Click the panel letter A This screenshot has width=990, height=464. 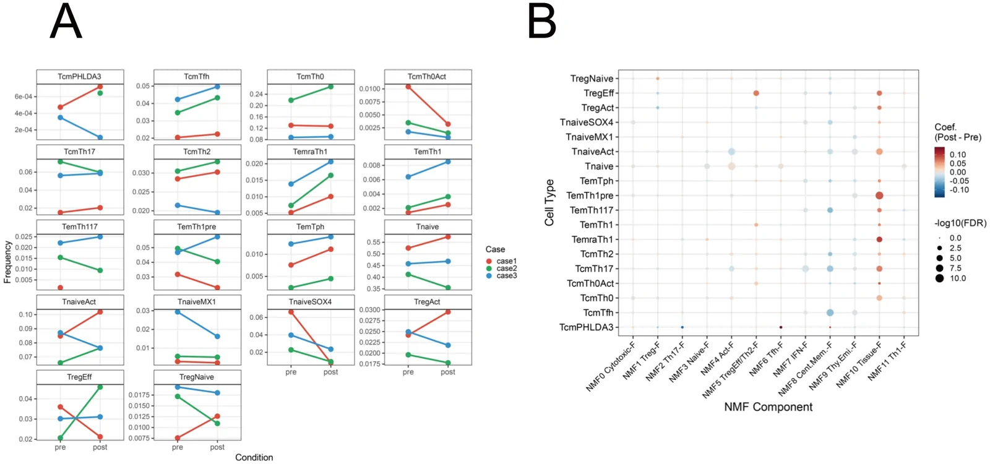pyautogui.click(x=66, y=21)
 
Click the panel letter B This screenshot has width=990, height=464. pyautogui.click(x=541, y=21)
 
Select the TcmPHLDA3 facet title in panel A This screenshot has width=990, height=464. pyautogui.click(x=80, y=77)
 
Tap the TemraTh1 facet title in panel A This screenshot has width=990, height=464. pyautogui.click(x=310, y=152)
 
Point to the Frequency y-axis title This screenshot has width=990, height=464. pyautogui.click(x=7, y=262)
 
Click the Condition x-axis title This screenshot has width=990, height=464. pyautogui.click(x=254, y=457)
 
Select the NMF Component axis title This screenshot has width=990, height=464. pyautogui.click(x=768, y=407)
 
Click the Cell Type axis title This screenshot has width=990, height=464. pyautogui.click(x=549, y=203)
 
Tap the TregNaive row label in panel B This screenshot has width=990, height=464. pyautogui.click(x=592, y=79)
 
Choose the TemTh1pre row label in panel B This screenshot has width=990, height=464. pyautogui.click(x=590, y=195)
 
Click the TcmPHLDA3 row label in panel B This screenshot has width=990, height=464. pyautogui.click(x=587, y=327)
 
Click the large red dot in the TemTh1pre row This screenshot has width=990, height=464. pyautogui.click(x=879, y=195)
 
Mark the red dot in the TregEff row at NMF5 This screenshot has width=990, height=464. pyautogui.click(x=756, y=93)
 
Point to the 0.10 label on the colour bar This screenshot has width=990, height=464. pyautogui.click(x=958, y=155)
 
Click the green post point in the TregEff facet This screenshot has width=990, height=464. pyautogui.click(x=100, y=387)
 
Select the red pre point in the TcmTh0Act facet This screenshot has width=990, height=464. pyautogui.click(x=408, y=87)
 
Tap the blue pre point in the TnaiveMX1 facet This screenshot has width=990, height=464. pyautogui.click(x=178, y=312)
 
